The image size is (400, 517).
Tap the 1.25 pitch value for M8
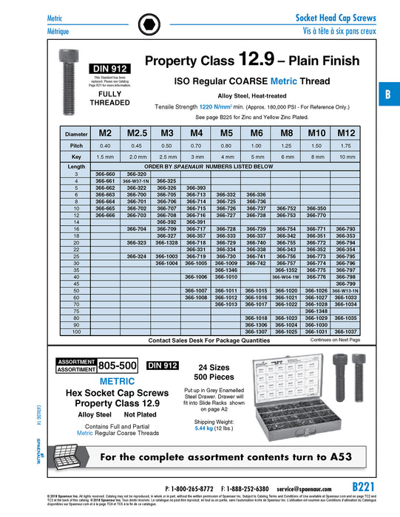(x=285, y=145)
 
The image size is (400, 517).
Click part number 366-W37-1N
(x=135, y=180)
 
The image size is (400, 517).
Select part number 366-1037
(x=346, y=332)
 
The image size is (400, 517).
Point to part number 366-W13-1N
(x=346, y=290)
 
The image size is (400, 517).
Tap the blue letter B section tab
(x=387, y=94)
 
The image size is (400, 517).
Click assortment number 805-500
(x=118, y=365)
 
